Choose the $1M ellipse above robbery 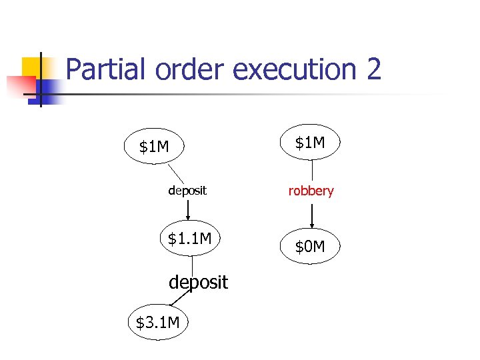click(x=310, y=142)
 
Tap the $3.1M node click(x=157, y=323)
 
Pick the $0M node click(x=310, y=247)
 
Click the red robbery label click(x=311, y=191)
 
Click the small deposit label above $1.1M click(x=187, y=191)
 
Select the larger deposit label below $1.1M click(x=198, y=282)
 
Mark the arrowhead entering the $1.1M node click(x=189, y=217)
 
